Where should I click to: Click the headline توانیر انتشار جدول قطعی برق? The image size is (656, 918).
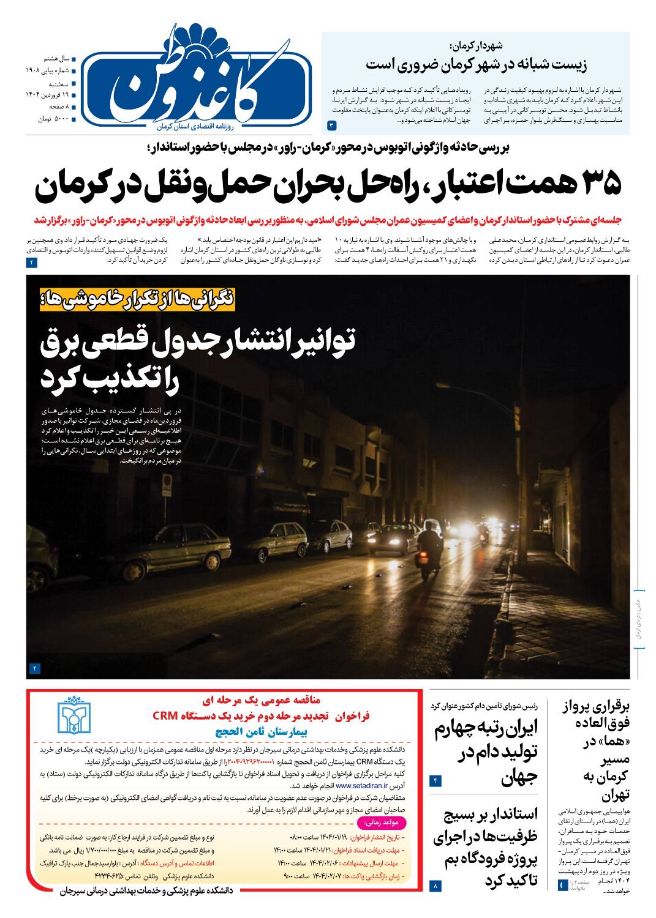(x=198, y=359)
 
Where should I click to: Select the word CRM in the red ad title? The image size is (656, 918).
(x=164, y=715)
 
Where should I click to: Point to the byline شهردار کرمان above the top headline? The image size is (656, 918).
(x=475, y=45)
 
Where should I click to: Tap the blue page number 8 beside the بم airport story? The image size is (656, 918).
(x=436, y=885)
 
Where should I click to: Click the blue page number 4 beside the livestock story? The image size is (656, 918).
(x=436, y=780)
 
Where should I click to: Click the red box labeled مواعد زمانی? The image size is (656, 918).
(x=385, y=821)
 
